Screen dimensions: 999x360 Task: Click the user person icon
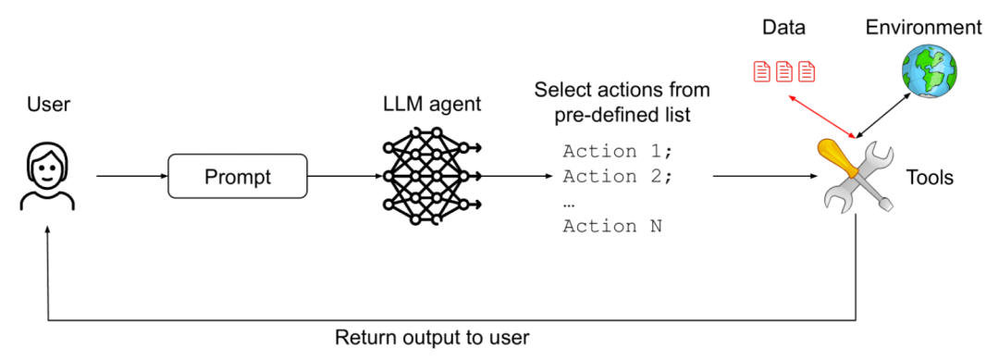48,177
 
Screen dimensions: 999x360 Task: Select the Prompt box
238,176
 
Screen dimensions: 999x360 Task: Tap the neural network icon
431,176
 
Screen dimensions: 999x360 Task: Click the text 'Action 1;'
617,152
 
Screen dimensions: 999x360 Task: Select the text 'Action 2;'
617,177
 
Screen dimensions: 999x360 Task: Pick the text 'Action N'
612,226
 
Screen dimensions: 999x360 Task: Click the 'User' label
48,106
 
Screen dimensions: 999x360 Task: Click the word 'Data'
783,28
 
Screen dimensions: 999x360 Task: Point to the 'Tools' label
930,177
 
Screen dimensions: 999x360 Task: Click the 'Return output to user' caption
433,337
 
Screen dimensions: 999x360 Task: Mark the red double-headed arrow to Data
822,116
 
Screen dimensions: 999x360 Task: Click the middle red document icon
783,70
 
